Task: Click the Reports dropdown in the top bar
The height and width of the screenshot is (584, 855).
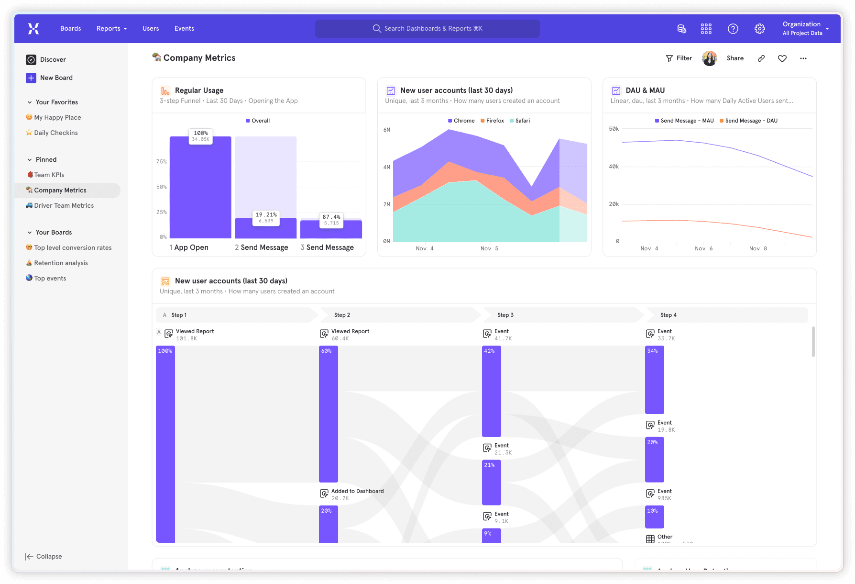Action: (111, 29)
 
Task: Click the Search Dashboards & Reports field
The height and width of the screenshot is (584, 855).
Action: (427, 29)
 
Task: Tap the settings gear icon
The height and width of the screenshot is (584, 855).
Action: (759, 29)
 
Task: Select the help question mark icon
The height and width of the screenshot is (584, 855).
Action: (733, 29)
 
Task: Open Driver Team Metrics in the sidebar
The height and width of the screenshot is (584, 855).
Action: (64, 205)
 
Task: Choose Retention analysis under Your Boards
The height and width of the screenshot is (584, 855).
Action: (61, 263)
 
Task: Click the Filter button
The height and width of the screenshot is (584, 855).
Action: (679, 58)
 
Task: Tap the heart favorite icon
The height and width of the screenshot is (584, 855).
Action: (782, 58)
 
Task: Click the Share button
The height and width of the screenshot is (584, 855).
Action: (735, 58)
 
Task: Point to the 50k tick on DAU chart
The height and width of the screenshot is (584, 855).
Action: (614, 129)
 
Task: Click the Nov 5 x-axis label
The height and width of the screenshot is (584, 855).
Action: (489, 248)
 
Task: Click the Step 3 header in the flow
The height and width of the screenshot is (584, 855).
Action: (505, 315)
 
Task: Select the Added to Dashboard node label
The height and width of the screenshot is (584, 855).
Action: (357, 491)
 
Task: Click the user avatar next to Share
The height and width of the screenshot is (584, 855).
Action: (709, 58)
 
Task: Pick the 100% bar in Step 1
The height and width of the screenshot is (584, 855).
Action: (165, 445)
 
